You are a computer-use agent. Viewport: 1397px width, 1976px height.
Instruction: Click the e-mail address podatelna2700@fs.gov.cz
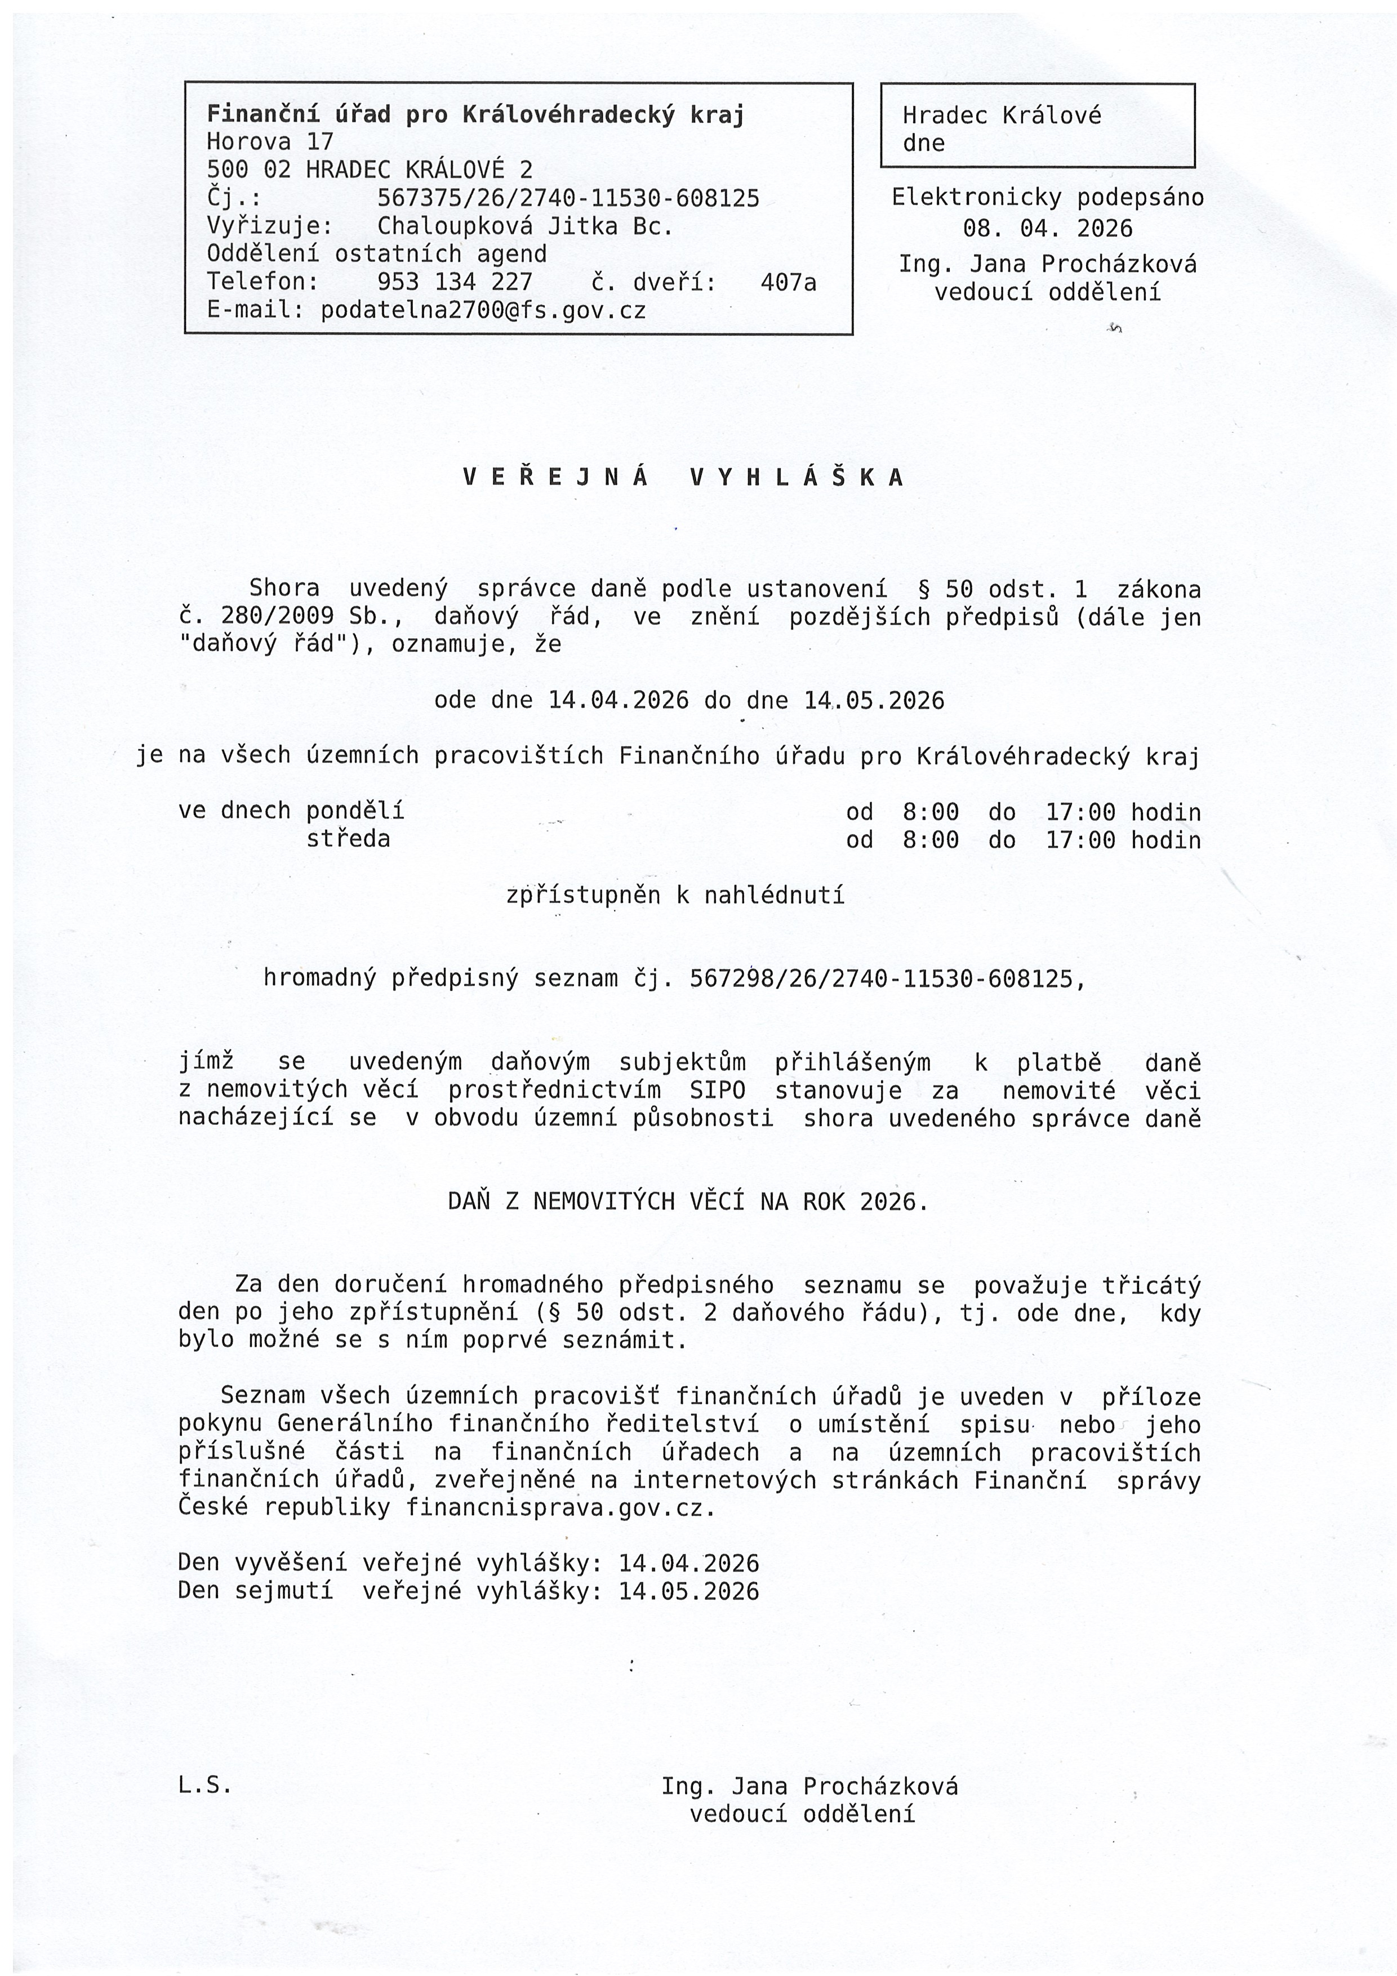coord(483,310)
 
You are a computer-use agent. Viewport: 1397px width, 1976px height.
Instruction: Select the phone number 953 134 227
coord(455,282)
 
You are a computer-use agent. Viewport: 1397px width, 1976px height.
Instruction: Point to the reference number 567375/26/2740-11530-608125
coord(568,198)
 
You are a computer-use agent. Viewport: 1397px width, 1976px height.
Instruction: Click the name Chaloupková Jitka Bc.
coord(525,226)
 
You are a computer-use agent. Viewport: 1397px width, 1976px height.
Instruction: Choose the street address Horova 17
coord(269,141)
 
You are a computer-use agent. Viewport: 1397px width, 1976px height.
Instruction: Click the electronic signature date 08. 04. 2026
coord(1048,228)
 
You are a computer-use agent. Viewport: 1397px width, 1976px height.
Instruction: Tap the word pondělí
coord(355,811)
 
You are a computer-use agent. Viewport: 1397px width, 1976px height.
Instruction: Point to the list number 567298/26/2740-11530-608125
coord(882,978)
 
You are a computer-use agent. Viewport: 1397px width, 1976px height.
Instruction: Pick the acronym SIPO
coord(717,1091)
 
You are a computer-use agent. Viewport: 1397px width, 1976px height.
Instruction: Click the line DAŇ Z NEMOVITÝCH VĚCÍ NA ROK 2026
coord(688,1201)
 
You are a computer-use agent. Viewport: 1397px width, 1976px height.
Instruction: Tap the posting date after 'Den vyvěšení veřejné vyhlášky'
coord(688,1563)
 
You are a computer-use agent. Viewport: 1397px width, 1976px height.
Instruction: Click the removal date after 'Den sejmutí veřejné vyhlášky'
coord(688,1591)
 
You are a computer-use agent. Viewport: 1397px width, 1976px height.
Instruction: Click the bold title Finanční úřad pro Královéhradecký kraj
coord(475,114)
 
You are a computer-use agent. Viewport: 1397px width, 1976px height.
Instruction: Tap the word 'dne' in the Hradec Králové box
coord(924,143)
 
